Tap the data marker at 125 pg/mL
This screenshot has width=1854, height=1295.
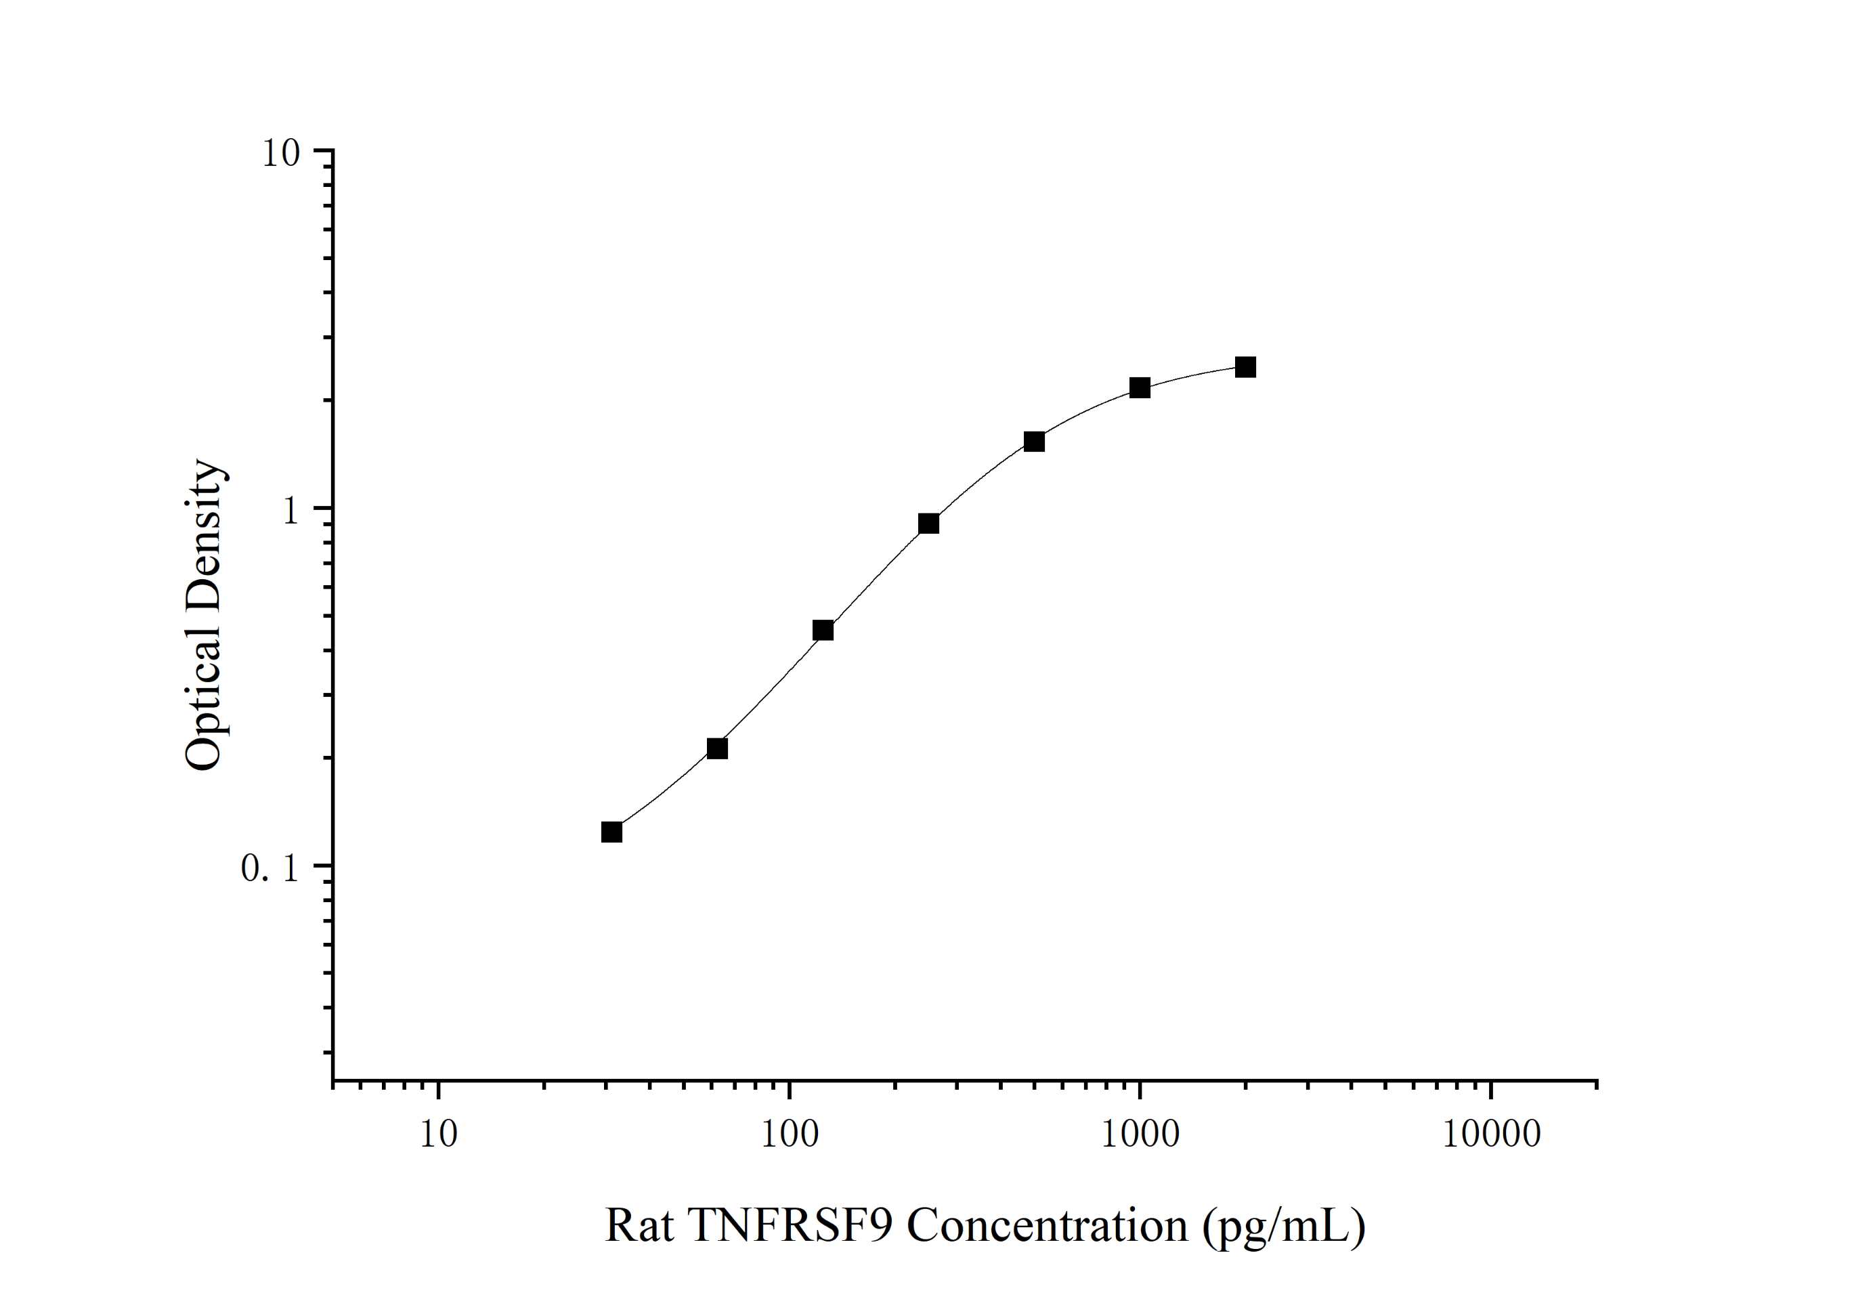823,630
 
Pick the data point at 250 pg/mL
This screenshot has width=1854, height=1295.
928,524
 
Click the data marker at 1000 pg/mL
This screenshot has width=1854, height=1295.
1140,388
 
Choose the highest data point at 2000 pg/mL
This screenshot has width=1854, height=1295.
1245,368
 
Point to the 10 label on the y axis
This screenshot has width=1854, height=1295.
280,154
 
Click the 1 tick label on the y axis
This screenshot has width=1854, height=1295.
290,511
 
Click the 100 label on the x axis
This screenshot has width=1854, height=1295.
789,1135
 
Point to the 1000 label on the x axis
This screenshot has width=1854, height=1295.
1140,1135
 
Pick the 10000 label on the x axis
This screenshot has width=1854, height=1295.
1490,1135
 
